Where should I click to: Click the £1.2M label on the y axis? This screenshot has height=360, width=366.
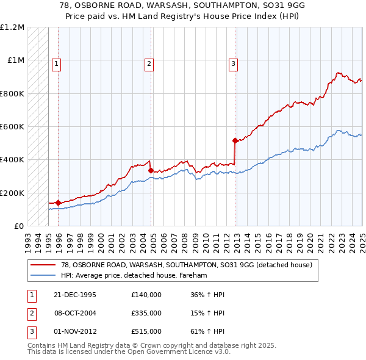coord(12,27)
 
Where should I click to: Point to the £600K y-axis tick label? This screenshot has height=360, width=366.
coord(12,127)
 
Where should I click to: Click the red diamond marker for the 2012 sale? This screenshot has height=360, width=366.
coord(235,140)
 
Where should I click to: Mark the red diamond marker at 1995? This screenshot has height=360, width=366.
coord(59,203)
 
